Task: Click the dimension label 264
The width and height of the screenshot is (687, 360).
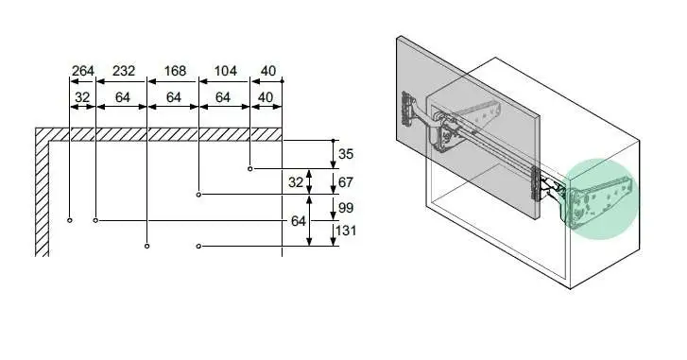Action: pos(83,71)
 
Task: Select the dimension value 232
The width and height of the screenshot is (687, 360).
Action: pos(124,71)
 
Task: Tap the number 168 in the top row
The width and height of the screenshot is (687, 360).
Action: pos(175,71)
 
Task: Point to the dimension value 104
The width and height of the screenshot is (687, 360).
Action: pos(226,71)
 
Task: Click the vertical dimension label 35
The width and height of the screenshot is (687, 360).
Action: pos(346,154)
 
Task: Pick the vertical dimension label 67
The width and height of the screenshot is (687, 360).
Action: pos(346,182)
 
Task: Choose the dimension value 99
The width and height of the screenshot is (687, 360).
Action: pos(346,208)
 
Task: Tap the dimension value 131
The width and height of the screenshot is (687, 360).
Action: pos(346,231)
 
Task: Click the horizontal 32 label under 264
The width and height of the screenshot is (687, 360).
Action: pos(82,97)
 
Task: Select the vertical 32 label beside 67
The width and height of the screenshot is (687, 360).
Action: pos(296,182)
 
